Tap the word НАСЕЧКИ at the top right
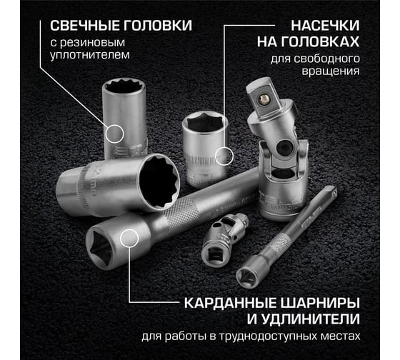[x=325, y=26]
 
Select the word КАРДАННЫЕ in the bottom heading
[x=230, y=303]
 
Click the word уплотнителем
[x=90, y=55]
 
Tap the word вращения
[x=331, y=71]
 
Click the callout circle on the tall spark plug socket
[x=114, y=134]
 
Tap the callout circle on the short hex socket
[x=224, y=156]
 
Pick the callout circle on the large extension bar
[x=129, y=238]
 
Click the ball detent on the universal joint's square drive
[x=264, y=99]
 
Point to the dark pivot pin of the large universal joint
[x=284, y=147]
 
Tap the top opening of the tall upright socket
[x=124, y=88]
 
